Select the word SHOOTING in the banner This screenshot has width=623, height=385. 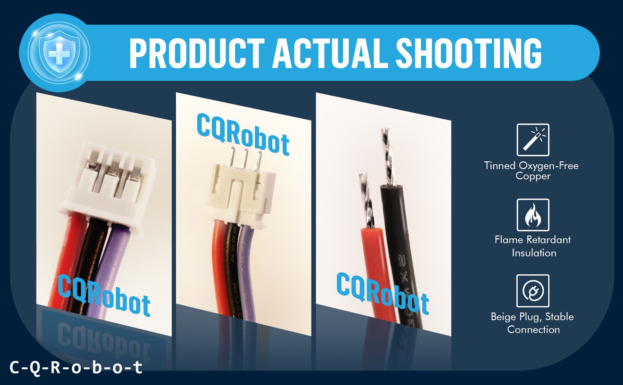click(469, 53)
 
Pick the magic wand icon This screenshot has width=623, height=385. click(533, 140)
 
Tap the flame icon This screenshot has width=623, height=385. click(533, 215)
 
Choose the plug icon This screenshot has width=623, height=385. click(533, 291)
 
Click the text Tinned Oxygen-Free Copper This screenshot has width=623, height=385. click(531, 171)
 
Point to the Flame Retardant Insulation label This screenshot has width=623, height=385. click(533, 246)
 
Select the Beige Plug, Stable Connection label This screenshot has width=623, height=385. click(532, 323)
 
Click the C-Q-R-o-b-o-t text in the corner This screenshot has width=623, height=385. click(76, 367)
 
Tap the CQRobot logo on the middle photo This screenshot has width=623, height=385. click(243, 135)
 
